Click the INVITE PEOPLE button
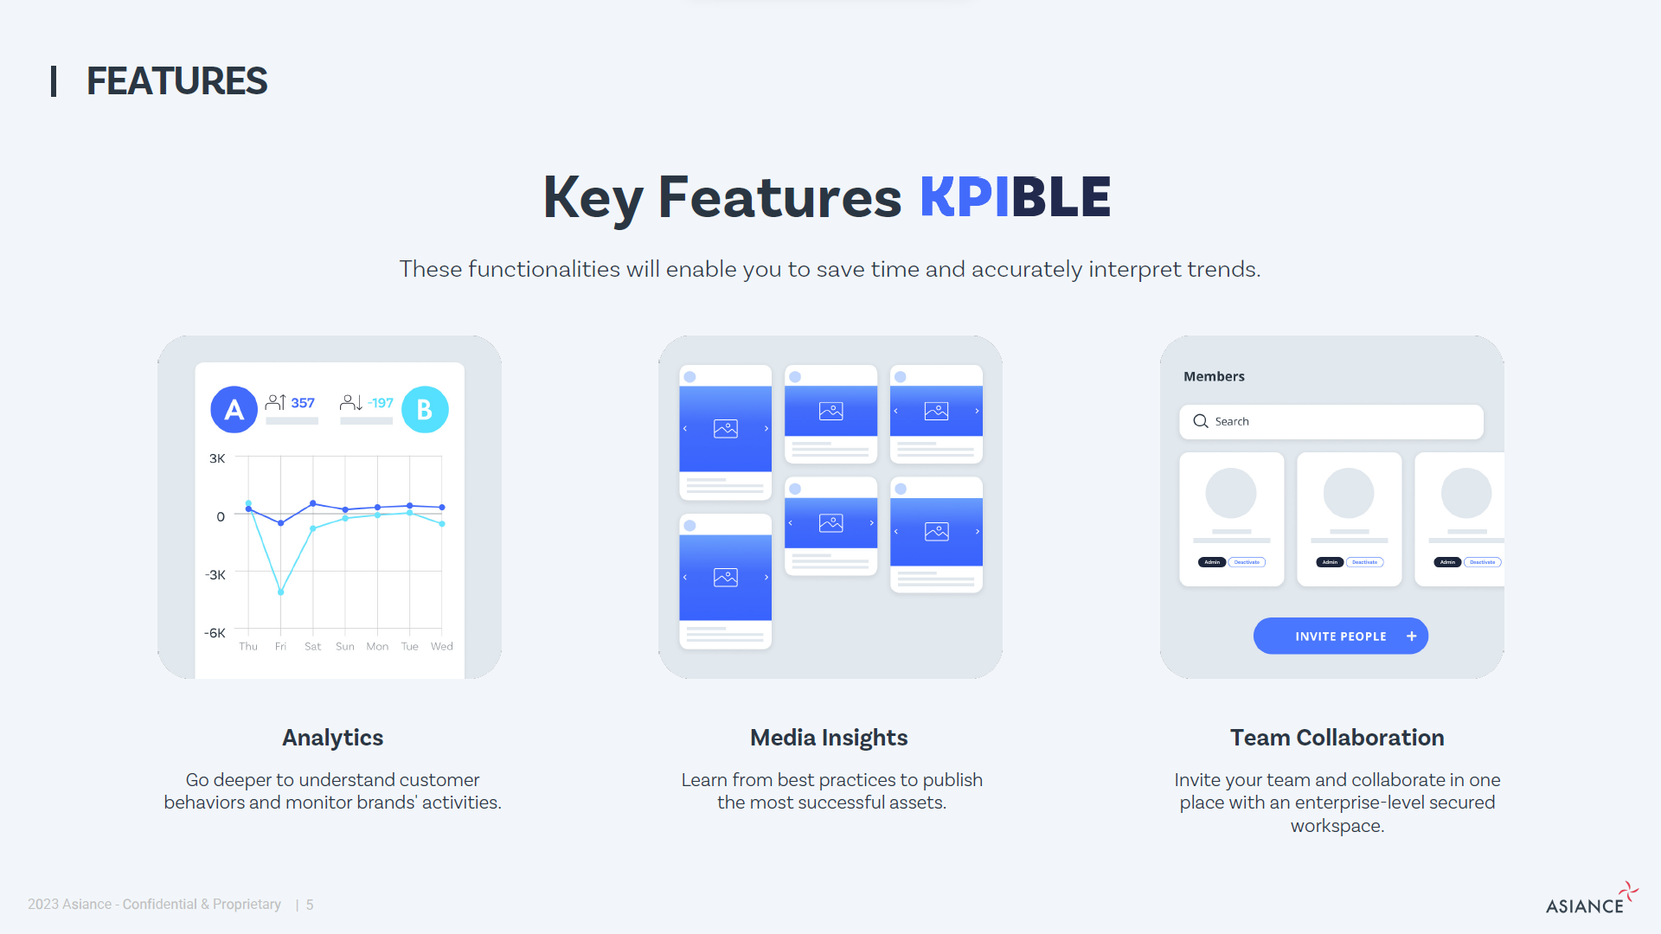1340,637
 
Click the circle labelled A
234,409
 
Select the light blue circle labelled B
425,409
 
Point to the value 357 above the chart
303,403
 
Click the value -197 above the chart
381,403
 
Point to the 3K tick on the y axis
217,458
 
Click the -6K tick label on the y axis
215,633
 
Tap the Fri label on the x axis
280,647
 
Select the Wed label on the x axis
441,647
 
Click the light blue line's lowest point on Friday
280,592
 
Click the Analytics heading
332,738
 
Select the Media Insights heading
829,738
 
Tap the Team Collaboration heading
1337,738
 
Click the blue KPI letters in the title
964,197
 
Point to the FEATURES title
176,81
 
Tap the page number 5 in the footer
310,905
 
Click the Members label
1214,376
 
